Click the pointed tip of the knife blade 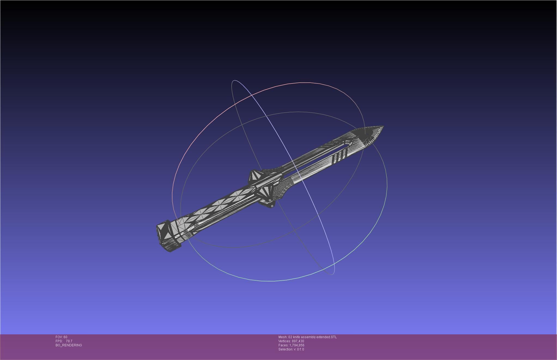pos(383,126)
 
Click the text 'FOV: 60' pos(61,337)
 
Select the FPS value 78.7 pos(69,341)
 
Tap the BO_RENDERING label pos(69,345)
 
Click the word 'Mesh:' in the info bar pos(283,337)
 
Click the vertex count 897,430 pos(298,341)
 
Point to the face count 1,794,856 pos(297,345)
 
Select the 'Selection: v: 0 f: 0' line pos(291,349)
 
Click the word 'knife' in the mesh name pos(296,337)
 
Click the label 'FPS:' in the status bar pos(59,341)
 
